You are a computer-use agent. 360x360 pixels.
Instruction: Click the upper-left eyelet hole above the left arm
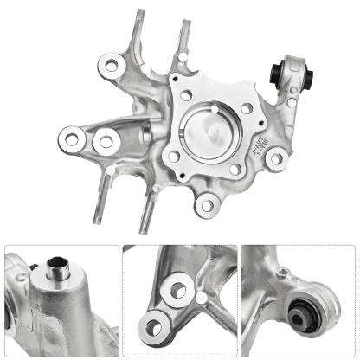tap(110, 61)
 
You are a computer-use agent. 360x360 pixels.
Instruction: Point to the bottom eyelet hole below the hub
tap(206, 203)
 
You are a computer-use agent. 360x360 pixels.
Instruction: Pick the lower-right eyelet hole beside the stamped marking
tap(277, 158)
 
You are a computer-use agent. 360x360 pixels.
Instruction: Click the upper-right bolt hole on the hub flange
tap(247, 109)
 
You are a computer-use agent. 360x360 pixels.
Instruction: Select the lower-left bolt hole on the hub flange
tap(174, 156)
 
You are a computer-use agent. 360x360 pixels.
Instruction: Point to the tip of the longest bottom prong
tap(146, 232)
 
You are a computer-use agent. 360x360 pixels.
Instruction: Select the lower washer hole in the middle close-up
tap(156, 326)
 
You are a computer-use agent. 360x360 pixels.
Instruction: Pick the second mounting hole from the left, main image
tap(106, 139)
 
